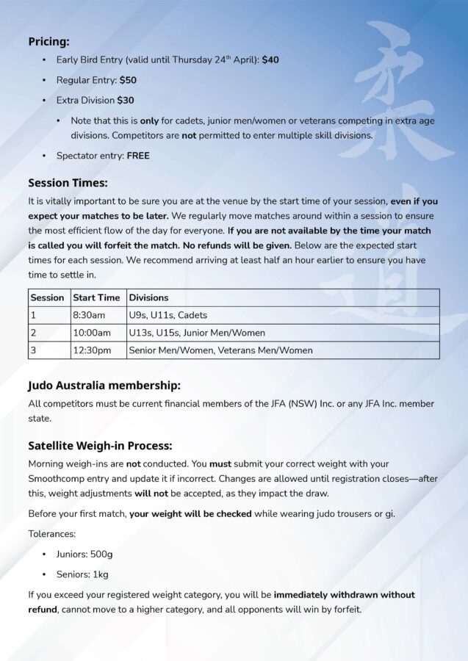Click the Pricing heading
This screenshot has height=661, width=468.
48,42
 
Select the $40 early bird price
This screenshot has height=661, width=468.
270,60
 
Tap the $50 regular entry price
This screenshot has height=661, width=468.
128,80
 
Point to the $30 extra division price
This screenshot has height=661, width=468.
126,100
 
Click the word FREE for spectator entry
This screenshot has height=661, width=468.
138,156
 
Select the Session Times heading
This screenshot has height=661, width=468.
68,183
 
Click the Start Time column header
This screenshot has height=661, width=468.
96,297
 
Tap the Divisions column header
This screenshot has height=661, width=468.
148,297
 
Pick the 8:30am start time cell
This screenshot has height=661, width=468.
89,315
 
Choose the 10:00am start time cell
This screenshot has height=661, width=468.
91,333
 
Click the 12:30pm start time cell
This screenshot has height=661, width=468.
92,350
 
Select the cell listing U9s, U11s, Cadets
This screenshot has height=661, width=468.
168,315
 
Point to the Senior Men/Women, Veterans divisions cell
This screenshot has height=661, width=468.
220,350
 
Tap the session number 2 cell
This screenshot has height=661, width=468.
33,333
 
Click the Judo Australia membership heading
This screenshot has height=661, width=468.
104,385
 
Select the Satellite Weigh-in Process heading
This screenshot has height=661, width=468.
100,445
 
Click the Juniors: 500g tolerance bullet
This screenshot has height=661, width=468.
84,555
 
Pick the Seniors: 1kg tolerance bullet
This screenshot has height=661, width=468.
82,574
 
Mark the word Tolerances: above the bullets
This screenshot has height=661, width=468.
52,534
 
